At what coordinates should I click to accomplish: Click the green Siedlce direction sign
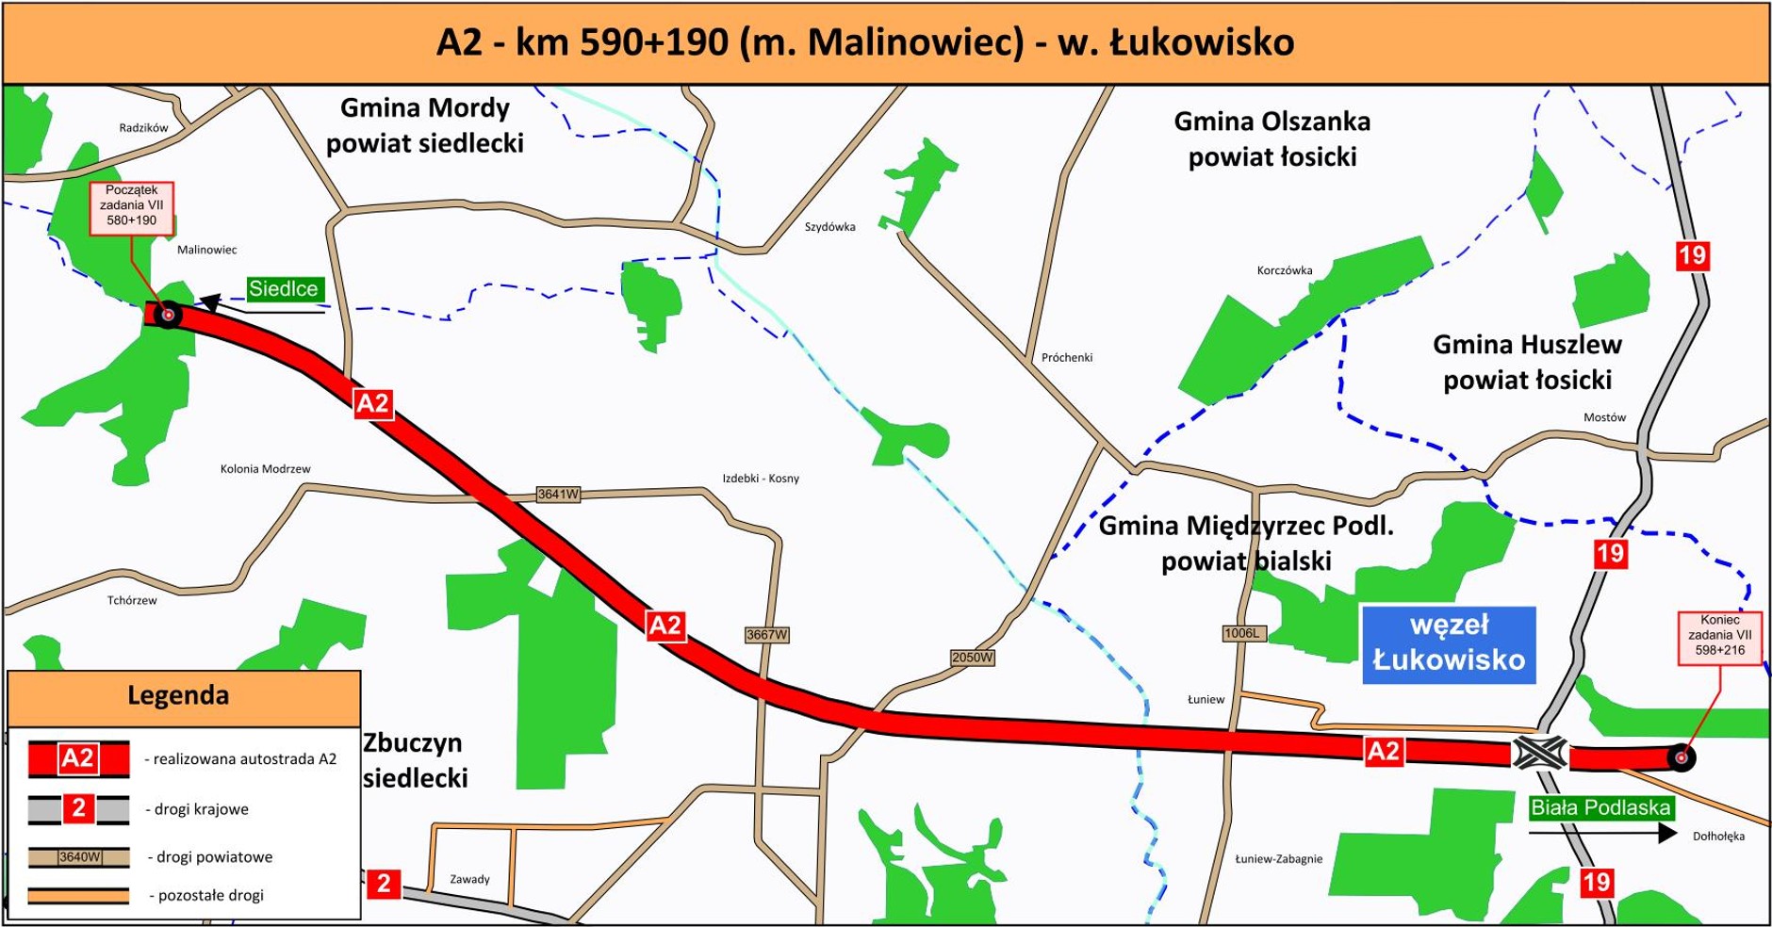tap(283, 289)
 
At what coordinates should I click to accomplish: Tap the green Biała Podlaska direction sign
tap(1600, 807)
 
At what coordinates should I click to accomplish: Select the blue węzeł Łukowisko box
tap(1449, 643)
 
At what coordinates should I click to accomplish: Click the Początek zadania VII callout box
tap(132, 206)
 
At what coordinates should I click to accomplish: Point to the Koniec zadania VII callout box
tap(1719, 636)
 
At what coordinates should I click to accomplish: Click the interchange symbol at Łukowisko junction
tap(1540, 754)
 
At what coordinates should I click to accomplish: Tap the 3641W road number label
tap(558, 495)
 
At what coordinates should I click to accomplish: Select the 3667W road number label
tap(766, 635)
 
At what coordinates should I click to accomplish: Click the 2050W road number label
tap(972, 658)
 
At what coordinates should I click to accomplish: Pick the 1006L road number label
tap(1241, 633)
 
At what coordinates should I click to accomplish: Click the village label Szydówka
tap(829, 227)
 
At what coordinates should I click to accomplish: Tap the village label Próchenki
tap(1067, 358)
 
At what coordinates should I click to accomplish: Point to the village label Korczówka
tap(1284, 270)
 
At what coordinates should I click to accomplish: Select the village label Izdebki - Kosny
tap(761, 479)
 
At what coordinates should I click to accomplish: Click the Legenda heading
tap(178, 696)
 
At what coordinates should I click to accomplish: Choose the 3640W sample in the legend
tap(79, 857)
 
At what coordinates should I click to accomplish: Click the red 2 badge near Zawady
tap(384, 884)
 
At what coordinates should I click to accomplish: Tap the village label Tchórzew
tap(132, 600)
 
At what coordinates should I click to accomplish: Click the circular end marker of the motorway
tap(1681, 757)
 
